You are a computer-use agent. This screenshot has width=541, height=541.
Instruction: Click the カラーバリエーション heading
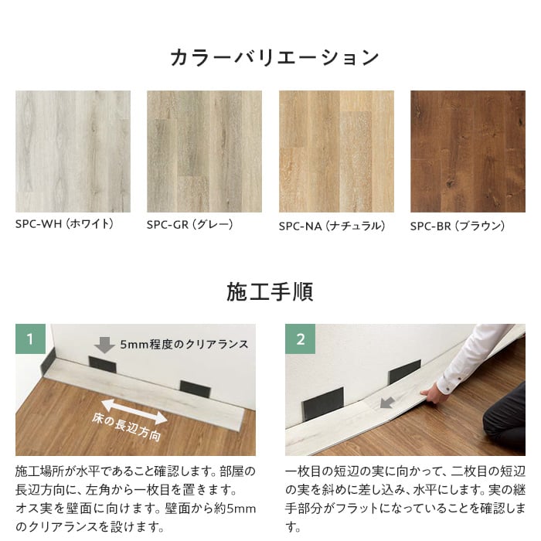[274, 57]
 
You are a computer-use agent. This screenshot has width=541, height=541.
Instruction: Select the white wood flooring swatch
[73, 151]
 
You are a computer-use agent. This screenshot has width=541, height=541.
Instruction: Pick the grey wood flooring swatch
[204, 151]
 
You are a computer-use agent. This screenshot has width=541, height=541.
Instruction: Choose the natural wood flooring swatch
[336, 151]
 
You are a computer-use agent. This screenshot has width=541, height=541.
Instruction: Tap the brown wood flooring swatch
[468, 151]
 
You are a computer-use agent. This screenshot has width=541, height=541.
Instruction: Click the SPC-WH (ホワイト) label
[64, 224]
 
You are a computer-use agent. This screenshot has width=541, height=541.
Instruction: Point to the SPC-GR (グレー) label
[190, 225]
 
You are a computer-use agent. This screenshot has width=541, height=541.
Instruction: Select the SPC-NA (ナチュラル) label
[332, 226]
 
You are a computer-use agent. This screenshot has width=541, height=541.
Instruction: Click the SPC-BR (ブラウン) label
[458, 226]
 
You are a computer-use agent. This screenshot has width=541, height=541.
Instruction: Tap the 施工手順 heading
[270, 292]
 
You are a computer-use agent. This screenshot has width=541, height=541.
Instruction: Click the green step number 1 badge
[30, 339]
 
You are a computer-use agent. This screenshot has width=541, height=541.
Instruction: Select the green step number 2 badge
[300, 339]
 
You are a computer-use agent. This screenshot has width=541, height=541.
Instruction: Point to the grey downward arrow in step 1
[104, 345]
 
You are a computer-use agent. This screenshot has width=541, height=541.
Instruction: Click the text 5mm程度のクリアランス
[184, 345]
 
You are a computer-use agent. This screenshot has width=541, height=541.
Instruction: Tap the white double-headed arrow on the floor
[134, 412]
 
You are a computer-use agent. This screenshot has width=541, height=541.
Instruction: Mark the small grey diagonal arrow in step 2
[387, 403]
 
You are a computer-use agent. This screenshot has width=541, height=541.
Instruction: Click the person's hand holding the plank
[434, 393]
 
